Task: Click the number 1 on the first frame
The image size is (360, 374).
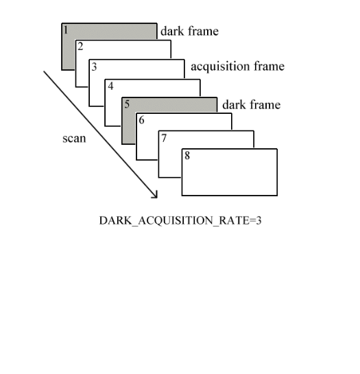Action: click(66, 30)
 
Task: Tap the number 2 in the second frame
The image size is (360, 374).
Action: click(80, 47)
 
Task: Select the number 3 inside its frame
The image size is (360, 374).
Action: click(94, 67)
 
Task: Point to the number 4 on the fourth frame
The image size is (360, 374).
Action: click(110, 86)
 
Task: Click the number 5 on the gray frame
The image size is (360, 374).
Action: click(127, 104)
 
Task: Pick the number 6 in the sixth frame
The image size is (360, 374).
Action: click(142, 120)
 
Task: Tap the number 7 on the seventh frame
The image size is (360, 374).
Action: click(164, 138)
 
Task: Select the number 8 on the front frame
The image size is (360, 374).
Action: click(187, 156)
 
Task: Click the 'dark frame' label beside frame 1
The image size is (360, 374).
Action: click(189, 32)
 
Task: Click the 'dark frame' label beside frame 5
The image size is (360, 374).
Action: click(251, 105)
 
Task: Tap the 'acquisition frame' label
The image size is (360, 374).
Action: click(237, 66)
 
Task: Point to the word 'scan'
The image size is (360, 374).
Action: click(74, 139)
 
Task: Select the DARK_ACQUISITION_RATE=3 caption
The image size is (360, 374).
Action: click(180, 221)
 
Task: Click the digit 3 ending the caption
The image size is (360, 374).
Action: click(259, 220)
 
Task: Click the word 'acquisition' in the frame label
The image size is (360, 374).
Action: click(220, 66)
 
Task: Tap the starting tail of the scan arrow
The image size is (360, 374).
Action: click(44, 71)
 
